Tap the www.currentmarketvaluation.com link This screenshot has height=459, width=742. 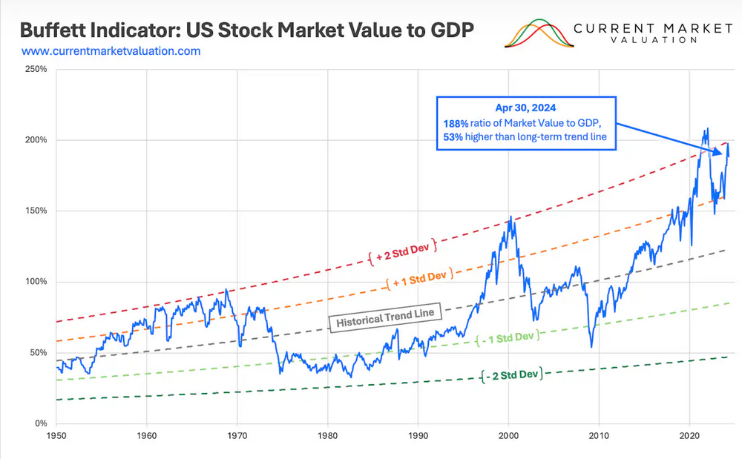click(111, 51)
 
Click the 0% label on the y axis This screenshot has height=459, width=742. click(41, 423)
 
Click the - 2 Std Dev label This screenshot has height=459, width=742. click(511, 375)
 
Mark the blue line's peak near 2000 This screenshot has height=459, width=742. click(510, 218)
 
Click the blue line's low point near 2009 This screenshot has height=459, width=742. click(591, 346)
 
